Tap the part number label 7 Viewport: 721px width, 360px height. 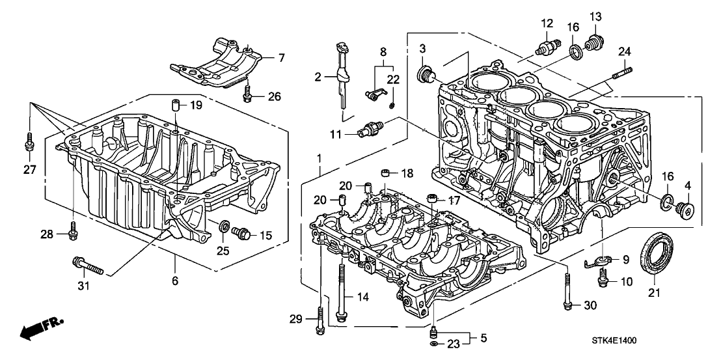[x=281, y=58]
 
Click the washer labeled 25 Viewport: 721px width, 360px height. [x=224, y=227]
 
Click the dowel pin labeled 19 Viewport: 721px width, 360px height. [x=175, y=105]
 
